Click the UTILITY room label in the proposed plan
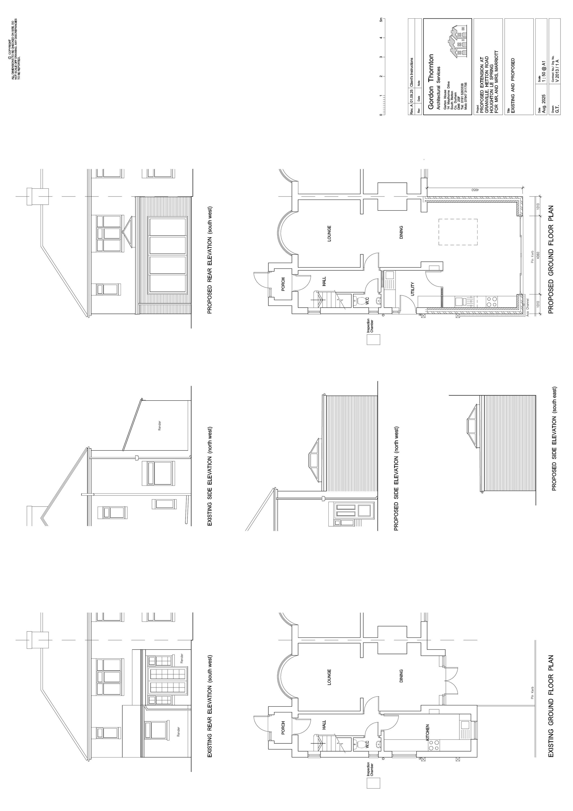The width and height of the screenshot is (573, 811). tap(412, 289)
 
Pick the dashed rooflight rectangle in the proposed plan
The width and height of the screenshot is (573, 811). tap(458, 232)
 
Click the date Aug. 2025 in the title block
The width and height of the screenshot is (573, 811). tap(544, 104)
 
